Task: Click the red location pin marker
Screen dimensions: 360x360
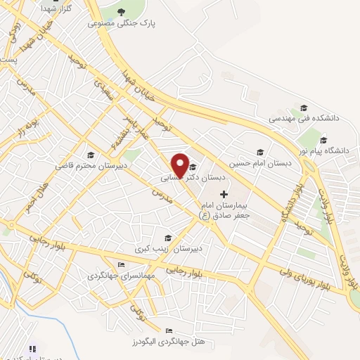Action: coord(180,164)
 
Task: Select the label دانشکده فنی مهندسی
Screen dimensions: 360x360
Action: coord(304,119)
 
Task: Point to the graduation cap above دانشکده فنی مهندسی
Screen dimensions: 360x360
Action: coord(304,108)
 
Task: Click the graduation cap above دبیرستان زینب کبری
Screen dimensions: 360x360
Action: coord(167,238)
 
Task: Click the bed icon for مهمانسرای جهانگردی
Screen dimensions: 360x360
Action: coord(121,264)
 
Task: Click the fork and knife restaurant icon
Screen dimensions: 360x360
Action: coord(32,348)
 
